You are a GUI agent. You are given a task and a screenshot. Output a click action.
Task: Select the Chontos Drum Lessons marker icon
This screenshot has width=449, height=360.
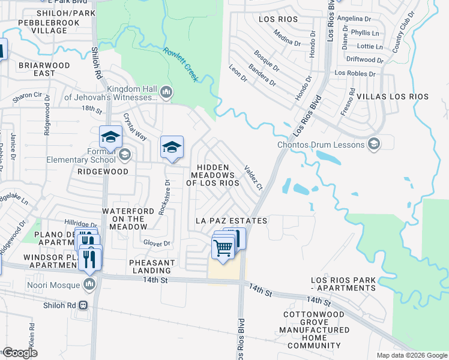(375, 144)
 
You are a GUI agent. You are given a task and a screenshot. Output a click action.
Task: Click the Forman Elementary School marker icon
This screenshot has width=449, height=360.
(125, 155)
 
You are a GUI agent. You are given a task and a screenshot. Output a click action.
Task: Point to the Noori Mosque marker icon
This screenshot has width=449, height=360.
(90, 283)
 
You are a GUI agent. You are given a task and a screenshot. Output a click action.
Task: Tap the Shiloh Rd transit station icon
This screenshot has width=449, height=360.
(83, 305)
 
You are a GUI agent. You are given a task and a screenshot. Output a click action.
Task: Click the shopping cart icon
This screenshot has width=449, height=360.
(223, 247)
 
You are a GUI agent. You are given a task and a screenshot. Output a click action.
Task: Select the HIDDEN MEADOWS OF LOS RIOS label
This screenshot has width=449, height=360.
(212, 175)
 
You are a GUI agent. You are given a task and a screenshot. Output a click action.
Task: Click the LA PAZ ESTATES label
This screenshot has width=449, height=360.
(231, 221)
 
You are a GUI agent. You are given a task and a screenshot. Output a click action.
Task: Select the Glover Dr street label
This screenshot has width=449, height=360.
(157, 242)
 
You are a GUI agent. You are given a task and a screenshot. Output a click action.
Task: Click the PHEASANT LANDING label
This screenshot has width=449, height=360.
(152, 267)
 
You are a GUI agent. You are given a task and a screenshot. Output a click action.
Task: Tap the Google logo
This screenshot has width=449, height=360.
(20, 353)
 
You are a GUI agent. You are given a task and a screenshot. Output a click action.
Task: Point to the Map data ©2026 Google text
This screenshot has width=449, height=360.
(411, 355)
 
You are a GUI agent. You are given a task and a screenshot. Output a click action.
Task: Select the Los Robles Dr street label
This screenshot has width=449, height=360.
(355, 74)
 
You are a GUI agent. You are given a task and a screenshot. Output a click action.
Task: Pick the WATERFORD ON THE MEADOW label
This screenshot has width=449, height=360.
(124, 219)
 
